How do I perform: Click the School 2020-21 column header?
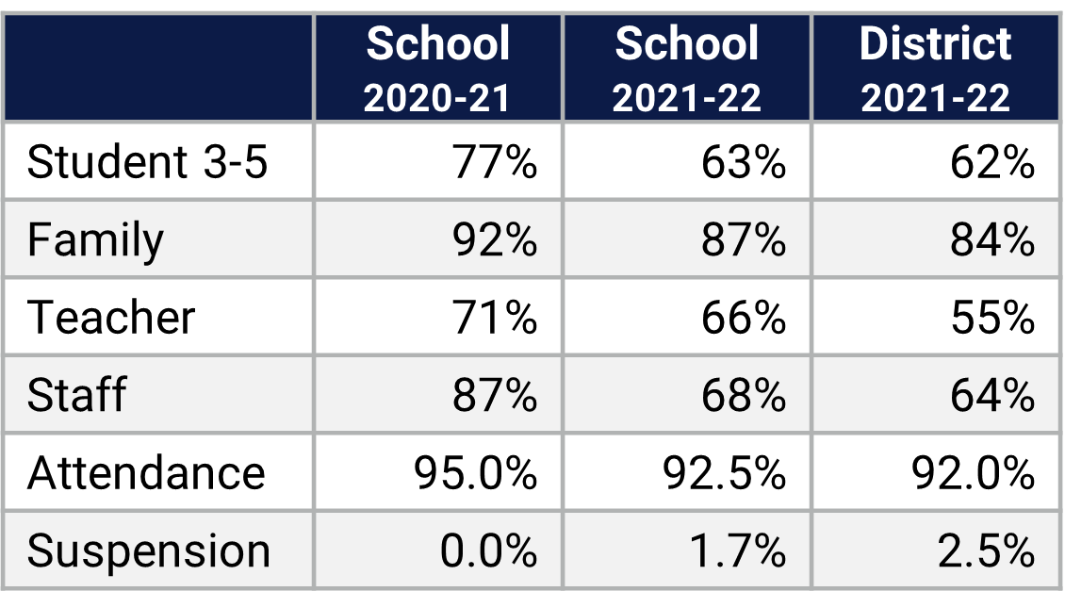click(437, 69)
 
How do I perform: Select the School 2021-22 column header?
click(686, 69)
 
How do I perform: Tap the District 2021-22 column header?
click(935, 69)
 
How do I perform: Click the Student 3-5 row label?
click(148, 162)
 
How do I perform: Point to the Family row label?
click(95, 239)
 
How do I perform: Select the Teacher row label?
click(111, 317)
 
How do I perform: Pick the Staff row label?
click(76, 394)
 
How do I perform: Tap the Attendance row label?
click(146, 471)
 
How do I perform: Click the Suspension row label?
click(149, 550)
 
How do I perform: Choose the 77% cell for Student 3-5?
click(495, 162)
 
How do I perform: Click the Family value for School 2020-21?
click(495, 239)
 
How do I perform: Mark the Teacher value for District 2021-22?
click(991, 317)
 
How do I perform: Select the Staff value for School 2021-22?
click(744, 394)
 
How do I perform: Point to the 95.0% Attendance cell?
click(475, 471)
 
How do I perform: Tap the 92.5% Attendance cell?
click(724, 471)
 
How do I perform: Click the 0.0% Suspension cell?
click(488, 550)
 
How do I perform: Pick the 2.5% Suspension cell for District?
click(986, 550)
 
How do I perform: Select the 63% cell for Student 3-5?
click(744, 162)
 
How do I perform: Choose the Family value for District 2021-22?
click(991, 239)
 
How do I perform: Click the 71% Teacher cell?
click(495, 317)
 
